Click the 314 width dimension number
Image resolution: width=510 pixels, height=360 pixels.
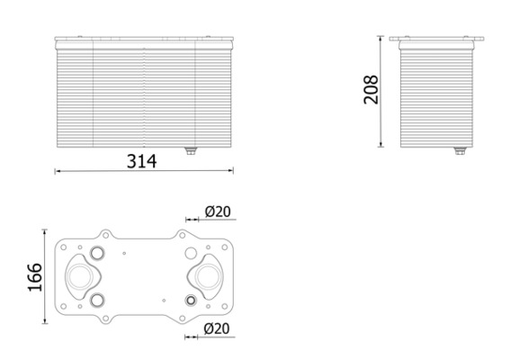click(x=142, y=161)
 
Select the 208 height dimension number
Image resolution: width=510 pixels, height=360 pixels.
click(x=371, y=90)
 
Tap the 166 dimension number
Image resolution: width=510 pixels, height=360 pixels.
click(x=34, y=277)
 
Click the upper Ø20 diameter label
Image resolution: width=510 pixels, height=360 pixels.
click(x=218, y=211)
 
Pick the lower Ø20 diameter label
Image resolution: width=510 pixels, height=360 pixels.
click(x=218, y=329)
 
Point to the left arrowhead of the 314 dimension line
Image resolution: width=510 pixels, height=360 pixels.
click(x=58, y=171)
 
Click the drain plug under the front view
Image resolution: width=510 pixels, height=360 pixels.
click(x=190, y=151)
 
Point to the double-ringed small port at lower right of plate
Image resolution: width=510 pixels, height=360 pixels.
click(x=190, y=300)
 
